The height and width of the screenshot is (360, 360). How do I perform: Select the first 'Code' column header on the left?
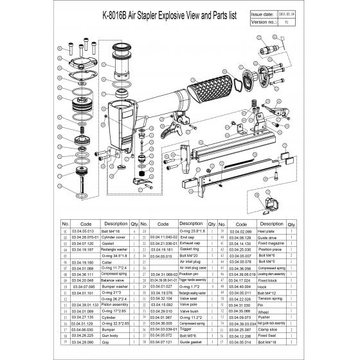coord(82,224)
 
